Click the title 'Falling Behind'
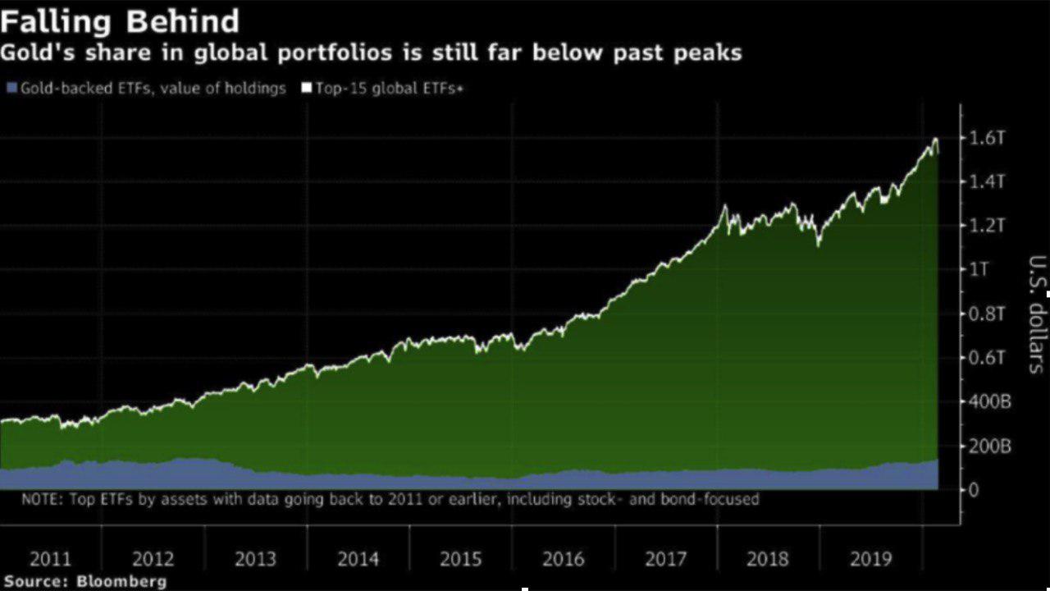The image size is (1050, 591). [120, 21]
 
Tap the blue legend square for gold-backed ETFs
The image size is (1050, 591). [11, 88]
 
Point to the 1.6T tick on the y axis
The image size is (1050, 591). [987, 137]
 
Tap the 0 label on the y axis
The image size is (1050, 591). [974, 490]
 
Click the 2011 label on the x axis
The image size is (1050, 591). [51, 560]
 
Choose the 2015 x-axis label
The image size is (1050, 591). [460, 560]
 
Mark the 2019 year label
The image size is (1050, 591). [870, 560]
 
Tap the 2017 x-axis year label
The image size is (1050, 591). [665, 560]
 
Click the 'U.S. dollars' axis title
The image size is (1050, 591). [1036, 314]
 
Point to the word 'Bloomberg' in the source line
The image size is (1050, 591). [121, 581]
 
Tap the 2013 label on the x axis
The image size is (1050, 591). [255, 560]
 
